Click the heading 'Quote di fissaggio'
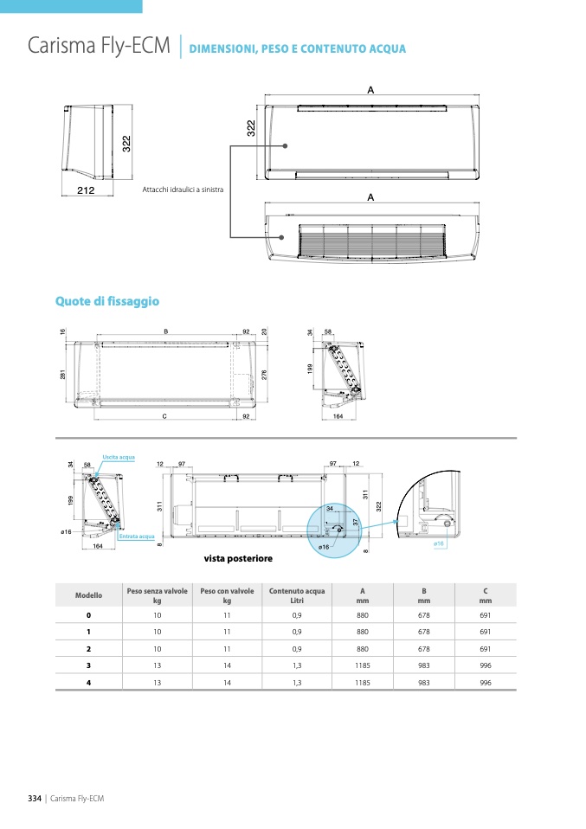pos(107,301)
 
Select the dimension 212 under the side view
pos(85,190)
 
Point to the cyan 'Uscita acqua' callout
pos(119,456)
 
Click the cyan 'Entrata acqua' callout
pos(137,537)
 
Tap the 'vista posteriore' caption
pos(237,559)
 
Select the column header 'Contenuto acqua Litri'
pos(297,595)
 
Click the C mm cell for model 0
pos(485,614)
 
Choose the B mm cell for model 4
pos(423,682)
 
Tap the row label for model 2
pos(87,648)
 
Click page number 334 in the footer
pos(35,798)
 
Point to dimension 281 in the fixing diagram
pos(63,374)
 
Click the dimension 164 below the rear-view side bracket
pos(98,546)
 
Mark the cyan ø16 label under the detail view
pos(438,543)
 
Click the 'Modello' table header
pos(88,595)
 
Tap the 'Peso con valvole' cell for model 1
pos(227,632)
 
